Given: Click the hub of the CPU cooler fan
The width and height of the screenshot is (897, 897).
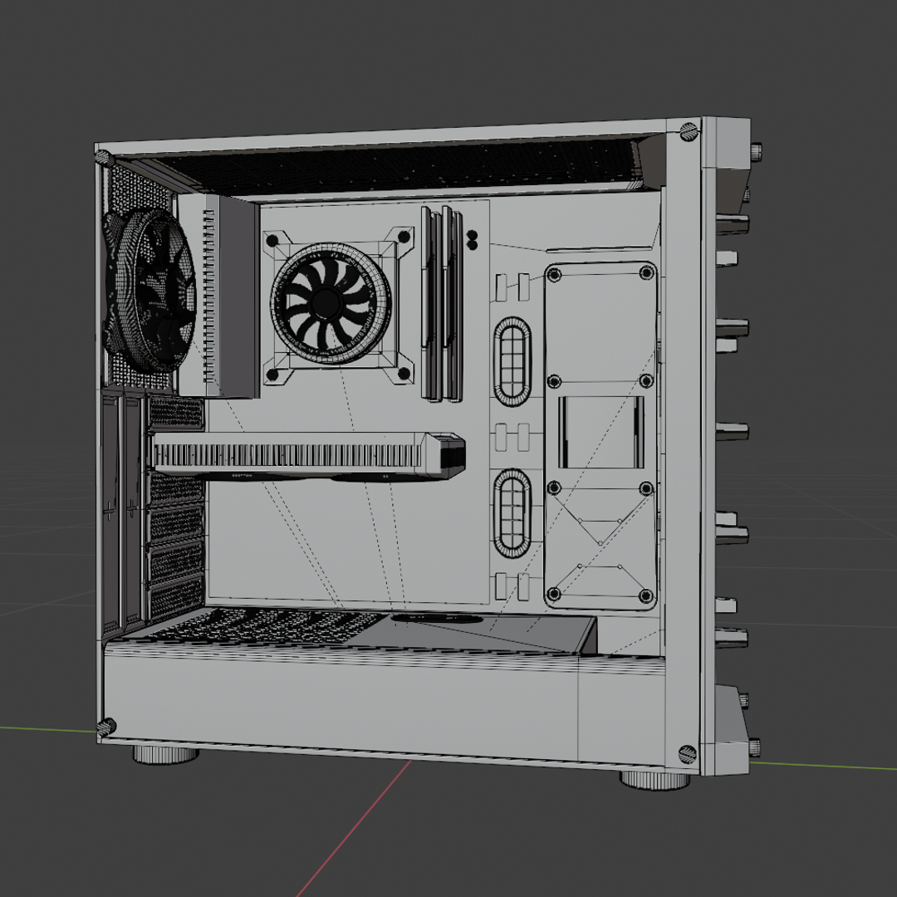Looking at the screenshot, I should coord(331,304).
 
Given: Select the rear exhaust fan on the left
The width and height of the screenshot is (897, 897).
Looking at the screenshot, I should coord(149,291).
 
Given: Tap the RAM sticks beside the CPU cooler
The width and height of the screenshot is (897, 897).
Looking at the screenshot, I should coord(441,303).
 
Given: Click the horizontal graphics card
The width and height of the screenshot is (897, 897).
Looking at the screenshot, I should coord(299,455).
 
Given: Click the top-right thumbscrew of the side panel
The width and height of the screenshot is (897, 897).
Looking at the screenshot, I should coord(689,131).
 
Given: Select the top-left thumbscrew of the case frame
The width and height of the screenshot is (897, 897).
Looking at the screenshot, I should coord(102,157).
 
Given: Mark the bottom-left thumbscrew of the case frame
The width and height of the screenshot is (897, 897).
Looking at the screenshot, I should coord(105,728).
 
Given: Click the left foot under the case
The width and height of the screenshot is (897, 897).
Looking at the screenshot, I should coord(166,754).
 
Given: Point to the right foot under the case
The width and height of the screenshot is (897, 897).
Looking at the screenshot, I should coord(654,779).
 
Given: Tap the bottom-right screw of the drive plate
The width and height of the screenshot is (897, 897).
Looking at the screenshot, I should coord(645,595).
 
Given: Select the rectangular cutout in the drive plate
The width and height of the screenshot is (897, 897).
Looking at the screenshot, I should coord(600,431).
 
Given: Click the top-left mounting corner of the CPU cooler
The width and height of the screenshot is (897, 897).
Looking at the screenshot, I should coord(272,242).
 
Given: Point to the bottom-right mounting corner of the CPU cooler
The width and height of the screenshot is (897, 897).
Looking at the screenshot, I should coord(403,375).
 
